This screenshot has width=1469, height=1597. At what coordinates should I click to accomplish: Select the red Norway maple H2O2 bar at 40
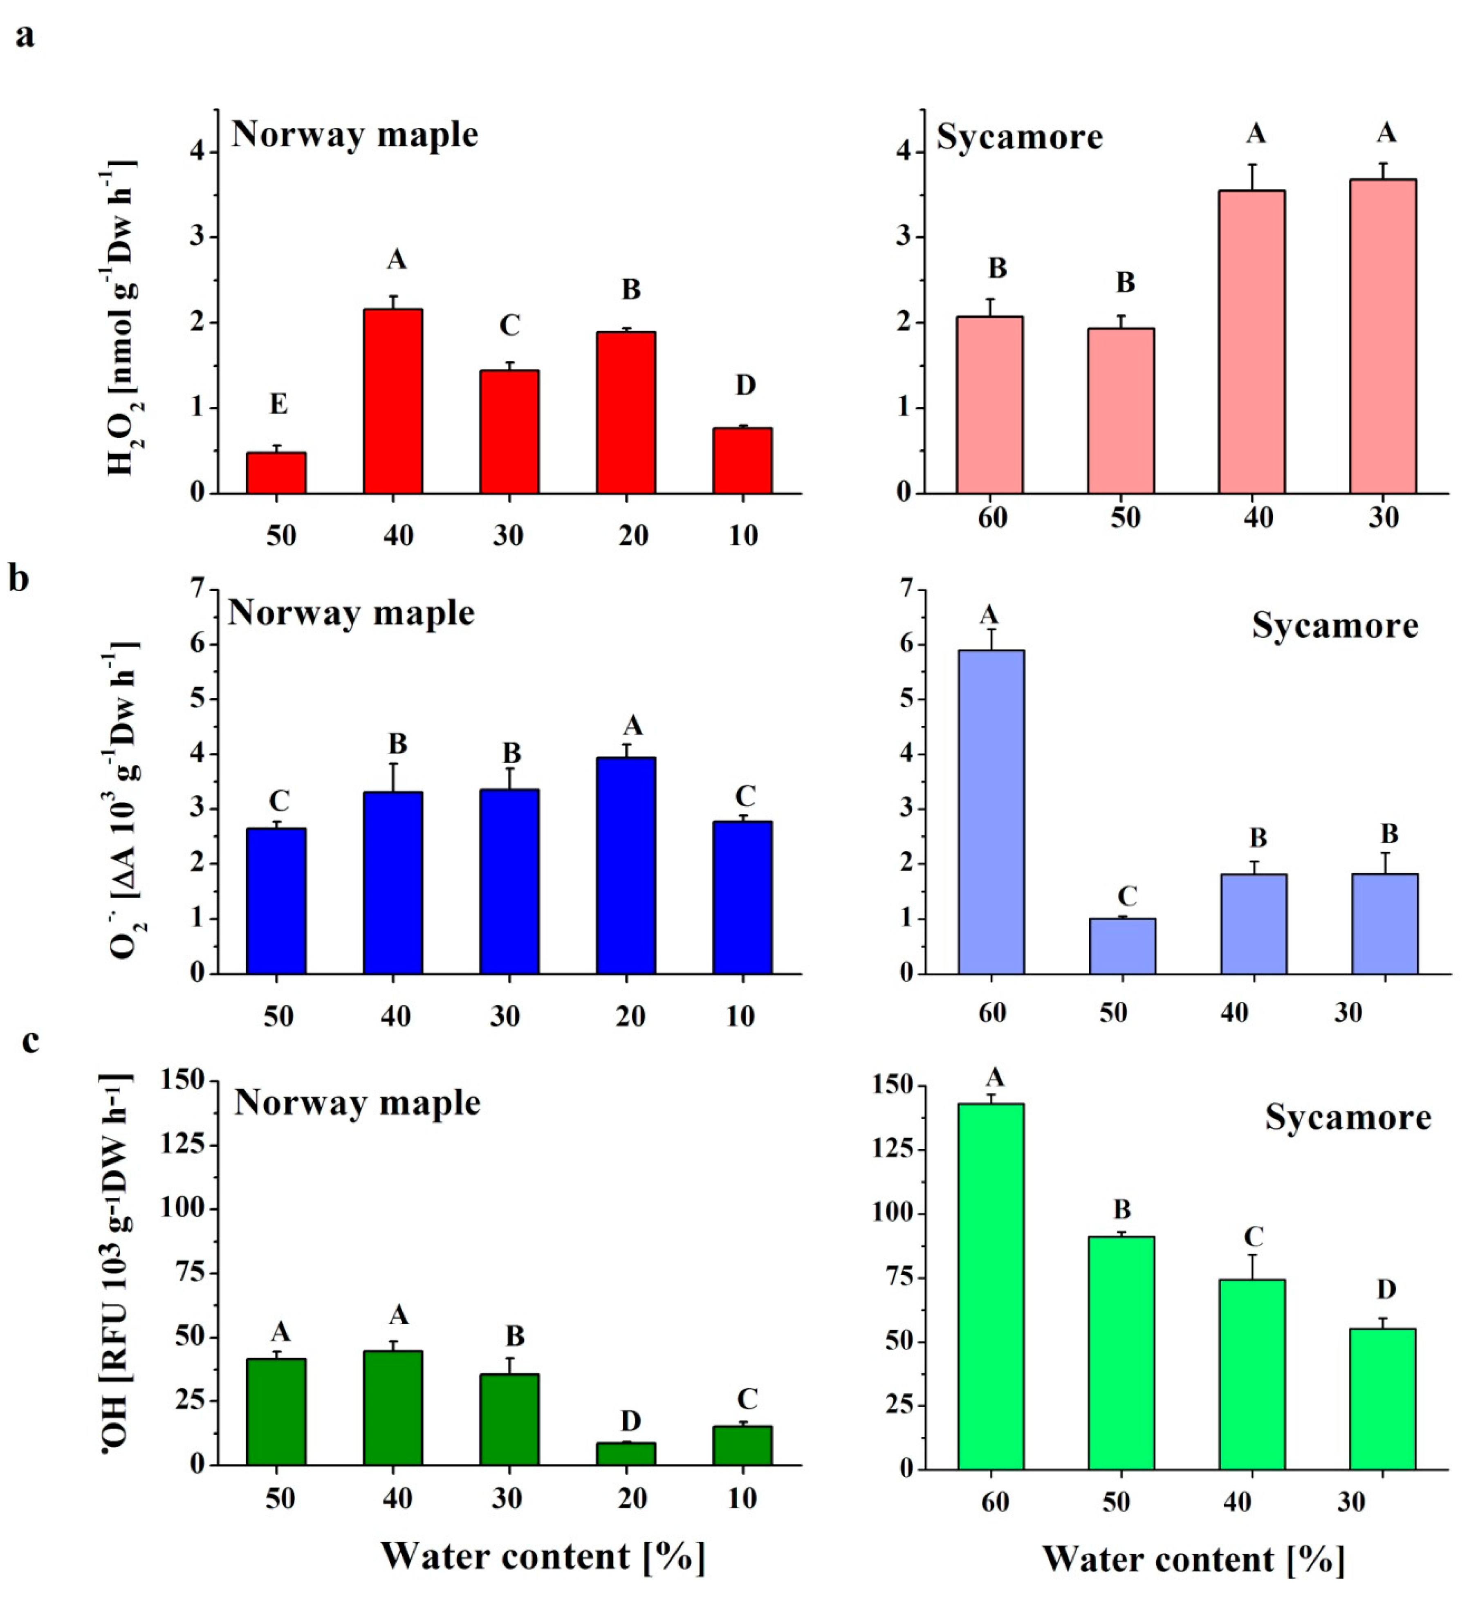392,401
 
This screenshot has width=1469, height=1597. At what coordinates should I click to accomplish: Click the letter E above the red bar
278,405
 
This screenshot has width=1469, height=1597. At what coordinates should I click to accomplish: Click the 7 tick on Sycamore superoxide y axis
905,590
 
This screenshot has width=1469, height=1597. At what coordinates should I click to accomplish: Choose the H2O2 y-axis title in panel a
121,318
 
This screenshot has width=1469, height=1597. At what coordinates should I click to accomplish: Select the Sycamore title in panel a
1019,137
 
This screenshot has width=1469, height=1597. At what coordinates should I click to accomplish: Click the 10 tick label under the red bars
742,536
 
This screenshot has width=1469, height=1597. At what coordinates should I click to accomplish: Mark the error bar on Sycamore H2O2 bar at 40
1252,177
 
